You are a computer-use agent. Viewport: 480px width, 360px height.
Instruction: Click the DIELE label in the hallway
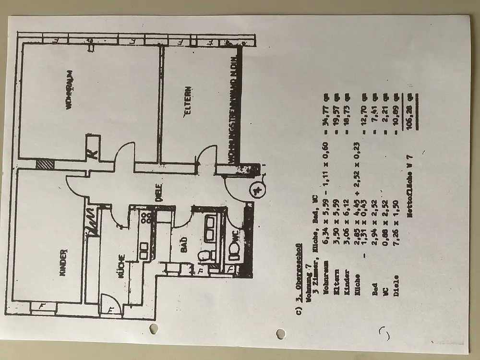(158, 192)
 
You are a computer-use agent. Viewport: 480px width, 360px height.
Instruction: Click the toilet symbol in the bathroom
(204, 255)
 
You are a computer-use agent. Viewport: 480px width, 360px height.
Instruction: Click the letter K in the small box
(93, 155)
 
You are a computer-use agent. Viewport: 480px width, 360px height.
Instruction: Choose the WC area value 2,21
(385, 120)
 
